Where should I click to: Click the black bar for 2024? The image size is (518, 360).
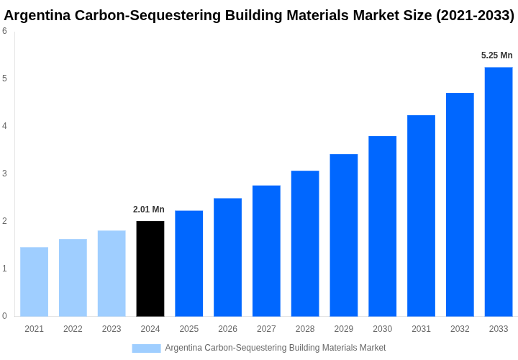tap(150, 269)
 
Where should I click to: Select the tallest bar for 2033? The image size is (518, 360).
tap(499, 192)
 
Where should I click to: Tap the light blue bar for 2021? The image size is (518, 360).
tap(34, 282)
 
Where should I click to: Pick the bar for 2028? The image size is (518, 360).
tap(305, 243)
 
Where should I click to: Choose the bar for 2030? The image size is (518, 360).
tap(382, 226)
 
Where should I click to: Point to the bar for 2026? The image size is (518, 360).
tap(227, 257)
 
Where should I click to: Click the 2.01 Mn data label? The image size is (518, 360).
tap(149, 210)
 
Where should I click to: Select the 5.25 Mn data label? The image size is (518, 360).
tap(497, 55)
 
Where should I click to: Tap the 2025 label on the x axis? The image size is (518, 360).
tap(189, 329)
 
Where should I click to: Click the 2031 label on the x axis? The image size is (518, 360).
tap(421, 329)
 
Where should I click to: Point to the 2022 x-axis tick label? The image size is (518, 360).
tap(73, 329)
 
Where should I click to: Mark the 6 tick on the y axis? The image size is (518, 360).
tap(4, 31)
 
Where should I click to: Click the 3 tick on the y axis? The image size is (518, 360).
tap(4, 174)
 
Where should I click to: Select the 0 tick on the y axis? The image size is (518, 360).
tap(4, 316)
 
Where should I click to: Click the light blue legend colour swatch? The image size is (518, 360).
tap(146, 348)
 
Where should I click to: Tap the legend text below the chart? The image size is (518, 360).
tap(276, 348)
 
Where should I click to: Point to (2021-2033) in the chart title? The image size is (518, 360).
tap(475, 15)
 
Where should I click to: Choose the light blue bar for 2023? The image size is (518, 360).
tap(112, 274)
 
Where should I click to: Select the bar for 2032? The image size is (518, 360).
tap(460, 204)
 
